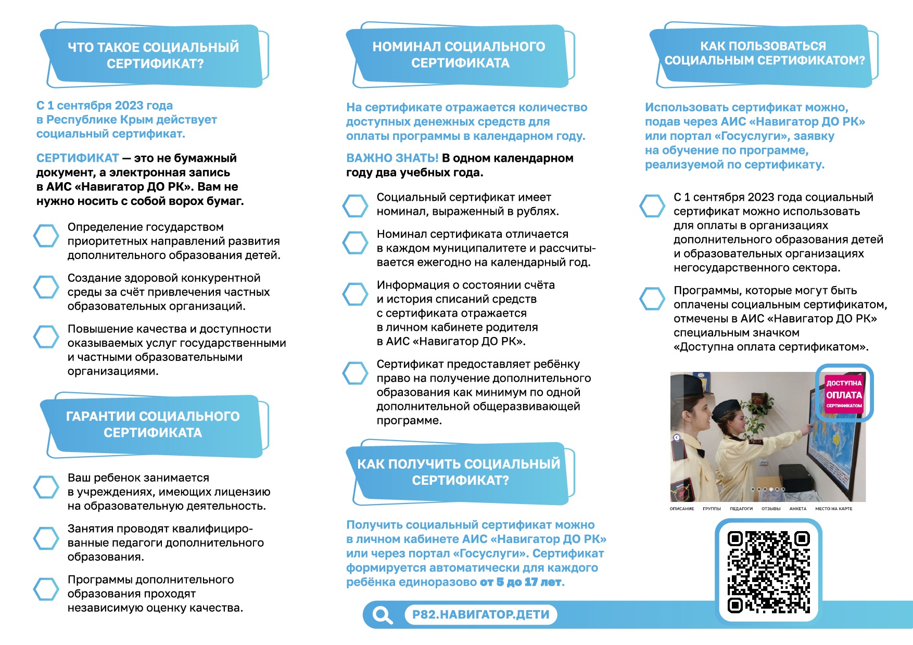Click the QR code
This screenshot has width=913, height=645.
tap(768, 571)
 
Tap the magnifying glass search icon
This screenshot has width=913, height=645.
tap(383, 615)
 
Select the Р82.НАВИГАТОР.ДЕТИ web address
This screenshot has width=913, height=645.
tap(480, 615)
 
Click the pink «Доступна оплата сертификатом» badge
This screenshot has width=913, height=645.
tap(844, 394)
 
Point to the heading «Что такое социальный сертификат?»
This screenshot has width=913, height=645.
tap(154, 55)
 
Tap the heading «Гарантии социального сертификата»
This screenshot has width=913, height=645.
tap(153, 424)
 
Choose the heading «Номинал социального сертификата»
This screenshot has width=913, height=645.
tap(459, 55)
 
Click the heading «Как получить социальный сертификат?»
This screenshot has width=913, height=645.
tap(459, 472)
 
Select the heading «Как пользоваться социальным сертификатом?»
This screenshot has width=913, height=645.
tap(764, 53)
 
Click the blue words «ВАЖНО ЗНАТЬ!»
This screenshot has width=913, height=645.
tap(392, 158)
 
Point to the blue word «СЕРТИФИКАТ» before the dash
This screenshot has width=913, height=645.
tap(78, 158)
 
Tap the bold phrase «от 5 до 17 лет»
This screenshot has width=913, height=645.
tap(521, 582)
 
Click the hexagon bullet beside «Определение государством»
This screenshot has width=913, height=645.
tap(46, 236)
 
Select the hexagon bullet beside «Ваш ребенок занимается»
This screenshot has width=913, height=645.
tap(46, 486)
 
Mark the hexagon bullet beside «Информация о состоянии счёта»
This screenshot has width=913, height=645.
tap(356, 294)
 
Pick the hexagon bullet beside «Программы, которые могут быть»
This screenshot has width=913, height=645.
tap(652, 299)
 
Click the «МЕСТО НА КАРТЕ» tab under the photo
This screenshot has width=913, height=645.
tap(833, 509)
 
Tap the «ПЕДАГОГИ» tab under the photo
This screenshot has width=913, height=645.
tap(741, 509)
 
